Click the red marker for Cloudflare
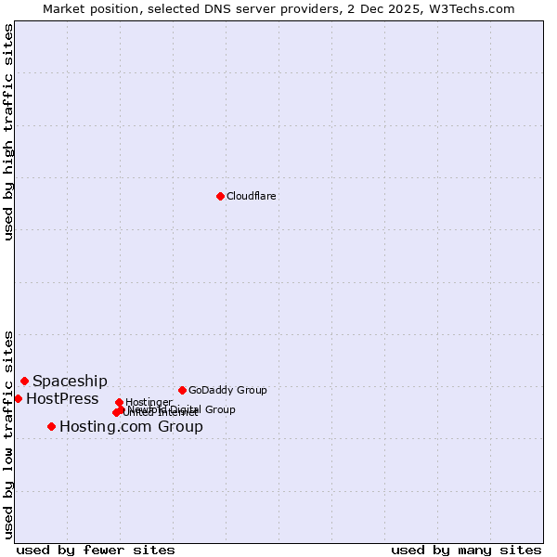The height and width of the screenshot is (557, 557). (x=220, y=196)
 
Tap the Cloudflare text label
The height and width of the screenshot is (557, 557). (x=252, y=196)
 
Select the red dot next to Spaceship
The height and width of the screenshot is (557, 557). (x=24, y=381)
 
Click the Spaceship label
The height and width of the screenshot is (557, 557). (x=70, y=381)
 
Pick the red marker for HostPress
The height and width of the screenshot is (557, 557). (x=18, y=398)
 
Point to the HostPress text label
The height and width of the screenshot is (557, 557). (x=62, y=398)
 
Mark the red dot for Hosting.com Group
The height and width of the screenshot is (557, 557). (x=51, y=426)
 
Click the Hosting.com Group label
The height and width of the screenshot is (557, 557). (x=131, y=426)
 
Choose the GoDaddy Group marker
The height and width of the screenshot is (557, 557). (x=182, y=390)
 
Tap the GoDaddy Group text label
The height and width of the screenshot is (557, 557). (x=227, y=390)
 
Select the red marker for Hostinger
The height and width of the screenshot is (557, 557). (x=119, y=402)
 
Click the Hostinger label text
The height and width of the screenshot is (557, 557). (x=149, y=402)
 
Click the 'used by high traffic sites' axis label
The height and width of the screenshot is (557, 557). (x=8, y=132)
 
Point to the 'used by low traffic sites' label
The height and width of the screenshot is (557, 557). (x=8, y=434)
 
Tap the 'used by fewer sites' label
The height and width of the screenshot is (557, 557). (x=96, y=550)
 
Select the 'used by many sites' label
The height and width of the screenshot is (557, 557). (x=466, y=550)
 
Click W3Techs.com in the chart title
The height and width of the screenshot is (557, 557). (x=477, y=8)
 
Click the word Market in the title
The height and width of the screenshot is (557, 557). (x=64, y=8)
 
